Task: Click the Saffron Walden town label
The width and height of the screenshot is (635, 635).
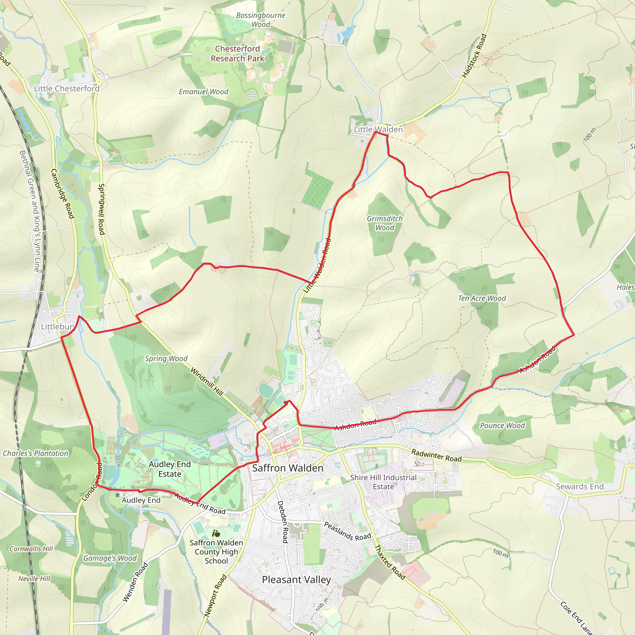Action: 288,468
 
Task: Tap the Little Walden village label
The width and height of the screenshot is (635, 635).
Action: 378,130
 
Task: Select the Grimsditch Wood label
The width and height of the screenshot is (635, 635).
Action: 384,223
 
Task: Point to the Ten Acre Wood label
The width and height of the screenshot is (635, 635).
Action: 482,298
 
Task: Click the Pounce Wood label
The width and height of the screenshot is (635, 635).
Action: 502,426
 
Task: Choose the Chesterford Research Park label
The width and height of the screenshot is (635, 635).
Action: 237,54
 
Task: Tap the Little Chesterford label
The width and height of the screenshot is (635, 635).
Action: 67,88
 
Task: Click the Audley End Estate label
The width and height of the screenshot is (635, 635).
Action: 170,469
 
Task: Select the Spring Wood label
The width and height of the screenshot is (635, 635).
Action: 166,359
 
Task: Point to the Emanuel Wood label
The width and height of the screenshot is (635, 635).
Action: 203,92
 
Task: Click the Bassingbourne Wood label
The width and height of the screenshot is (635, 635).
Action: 261,20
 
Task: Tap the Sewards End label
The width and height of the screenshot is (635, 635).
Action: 580,486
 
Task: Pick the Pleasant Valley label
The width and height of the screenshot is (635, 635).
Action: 296,579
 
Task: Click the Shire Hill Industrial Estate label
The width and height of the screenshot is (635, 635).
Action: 383,482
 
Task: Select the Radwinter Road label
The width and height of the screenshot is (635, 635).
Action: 437,455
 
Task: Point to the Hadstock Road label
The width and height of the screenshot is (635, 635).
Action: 474,56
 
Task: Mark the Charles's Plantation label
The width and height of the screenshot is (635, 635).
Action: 35,453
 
